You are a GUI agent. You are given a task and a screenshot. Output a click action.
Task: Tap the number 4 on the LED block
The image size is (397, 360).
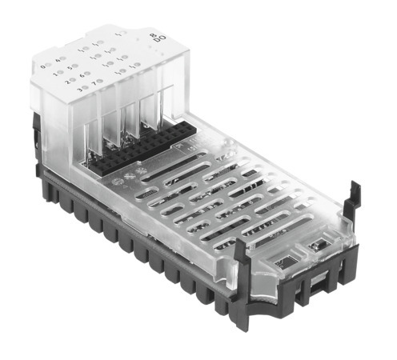coord(58,61)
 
